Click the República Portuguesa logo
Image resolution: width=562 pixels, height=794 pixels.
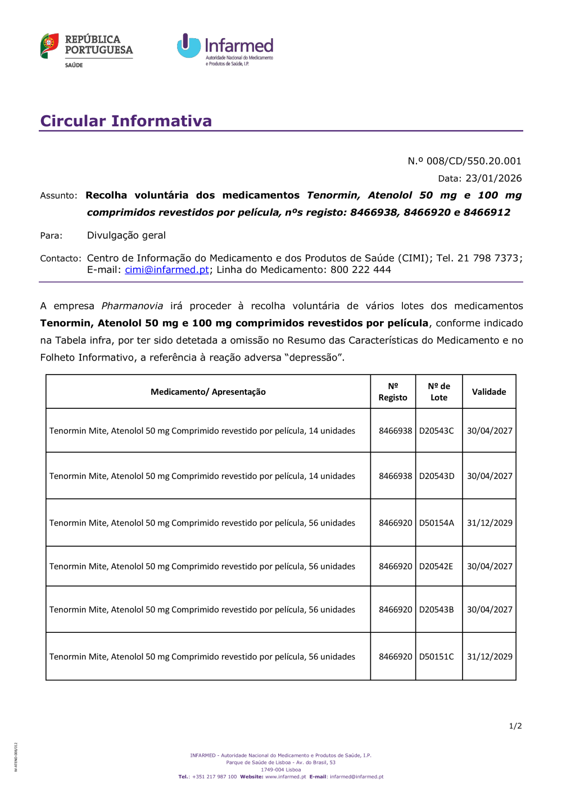point(87,49)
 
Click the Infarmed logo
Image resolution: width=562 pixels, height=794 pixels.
point(225,49)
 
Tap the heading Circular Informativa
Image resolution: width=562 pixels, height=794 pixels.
point(126,121)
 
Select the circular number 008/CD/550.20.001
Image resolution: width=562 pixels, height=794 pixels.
point(474,161)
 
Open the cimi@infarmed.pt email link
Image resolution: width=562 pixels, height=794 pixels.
point(167,270)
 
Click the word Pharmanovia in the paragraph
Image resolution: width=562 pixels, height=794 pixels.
point(132,306)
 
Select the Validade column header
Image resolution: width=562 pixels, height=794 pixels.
point(489,392)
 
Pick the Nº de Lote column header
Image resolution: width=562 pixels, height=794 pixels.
point(439,392)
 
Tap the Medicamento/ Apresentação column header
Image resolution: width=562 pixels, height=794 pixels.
point(208,392)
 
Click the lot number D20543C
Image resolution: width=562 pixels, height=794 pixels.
point(437,431)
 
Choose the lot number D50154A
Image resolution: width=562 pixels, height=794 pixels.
point(437,523)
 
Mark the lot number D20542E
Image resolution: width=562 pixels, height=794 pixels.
point(436,567)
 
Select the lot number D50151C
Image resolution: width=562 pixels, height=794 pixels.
point(437,657)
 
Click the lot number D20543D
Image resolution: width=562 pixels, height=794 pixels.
point(437,476)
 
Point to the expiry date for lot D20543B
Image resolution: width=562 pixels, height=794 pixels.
point(490,610)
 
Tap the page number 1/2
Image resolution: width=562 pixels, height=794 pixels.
point(515,726)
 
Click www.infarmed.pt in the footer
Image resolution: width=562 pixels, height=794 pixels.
point(285,777)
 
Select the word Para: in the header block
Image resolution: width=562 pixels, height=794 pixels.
point(51,236)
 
